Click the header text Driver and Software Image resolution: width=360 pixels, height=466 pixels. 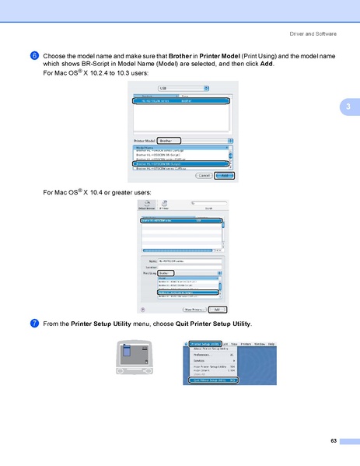pyautogui.click(x=313, y=33)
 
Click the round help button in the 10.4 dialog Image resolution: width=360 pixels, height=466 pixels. pyautogui.click(x=142, y=309)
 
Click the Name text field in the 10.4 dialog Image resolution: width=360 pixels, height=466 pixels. pyautogui.click(x=190, y=261)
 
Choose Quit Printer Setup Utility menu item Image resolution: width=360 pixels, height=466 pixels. pyautogui.click(x=213, y=380)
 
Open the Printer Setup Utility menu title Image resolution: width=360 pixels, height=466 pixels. pyautogui.click(x=206, y=343)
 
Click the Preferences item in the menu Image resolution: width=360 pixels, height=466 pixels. pyautogui.click(x=203, y=355)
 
